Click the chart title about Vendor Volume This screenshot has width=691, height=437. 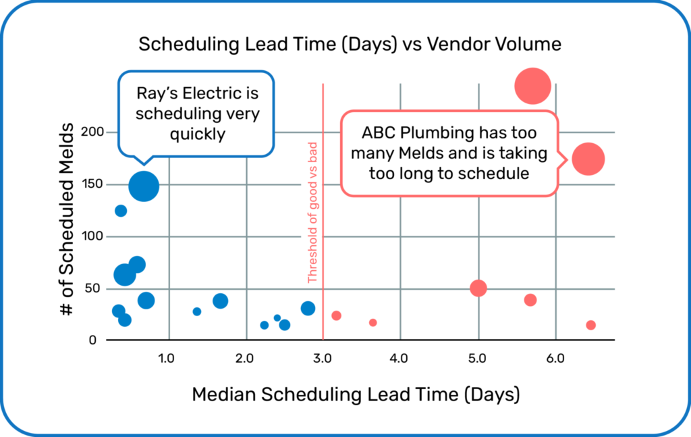(350, 45)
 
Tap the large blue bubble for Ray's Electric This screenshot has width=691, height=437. (144, 186)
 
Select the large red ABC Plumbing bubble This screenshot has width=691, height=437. (588, 159)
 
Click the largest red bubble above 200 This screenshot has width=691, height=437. (532, 86)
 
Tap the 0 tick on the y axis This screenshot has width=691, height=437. (93, 340)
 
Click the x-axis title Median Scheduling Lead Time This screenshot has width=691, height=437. (356, 394)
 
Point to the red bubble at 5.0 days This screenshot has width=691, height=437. (478, 288)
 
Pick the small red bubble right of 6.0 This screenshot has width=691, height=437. (591, 325)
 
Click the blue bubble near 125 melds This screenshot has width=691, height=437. (121, 211)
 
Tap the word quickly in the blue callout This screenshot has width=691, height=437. (197, 134)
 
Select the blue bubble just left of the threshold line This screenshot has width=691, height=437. (308, 308)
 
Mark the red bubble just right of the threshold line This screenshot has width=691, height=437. (336, 315)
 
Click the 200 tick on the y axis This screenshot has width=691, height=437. (93, 132)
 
